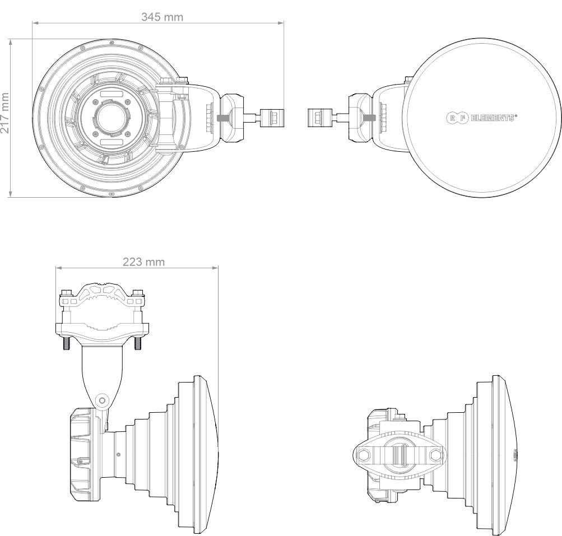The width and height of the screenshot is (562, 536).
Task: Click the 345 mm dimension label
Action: pyautogui.click(x=162, y=17)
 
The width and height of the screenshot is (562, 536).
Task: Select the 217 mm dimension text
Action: pyautogui.click(x=4, y=113)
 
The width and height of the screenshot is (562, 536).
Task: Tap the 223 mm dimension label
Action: pyautogui.click(x=144, y=262)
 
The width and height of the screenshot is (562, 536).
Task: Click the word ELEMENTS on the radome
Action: pyautogui.click(x=493, y=118)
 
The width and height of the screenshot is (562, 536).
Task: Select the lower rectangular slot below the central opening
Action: pyautogui.click(x=112, y=142)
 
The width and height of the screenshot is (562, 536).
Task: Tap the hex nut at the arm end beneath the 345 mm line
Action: pyautogui.click(x=272, y=118)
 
